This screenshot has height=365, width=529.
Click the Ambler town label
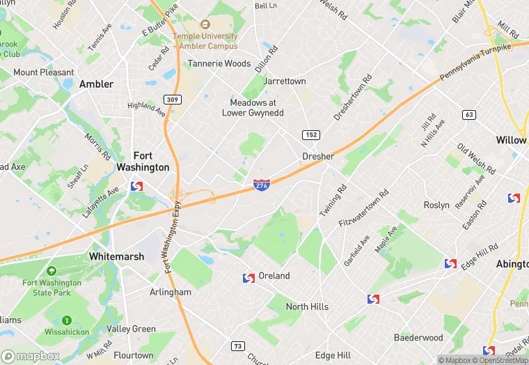coord(96,84)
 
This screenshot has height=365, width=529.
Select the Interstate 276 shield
coord(262,185)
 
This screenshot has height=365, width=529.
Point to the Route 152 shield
coord(310,134)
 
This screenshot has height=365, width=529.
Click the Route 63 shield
coord(469,114)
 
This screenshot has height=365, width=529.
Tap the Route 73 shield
coord(238,346)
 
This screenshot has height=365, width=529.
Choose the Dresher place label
coord(318,156)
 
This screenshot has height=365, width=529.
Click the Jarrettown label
coord(285,81)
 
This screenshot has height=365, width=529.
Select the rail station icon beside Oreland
coord(248,278)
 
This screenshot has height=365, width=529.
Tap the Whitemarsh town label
coord(117,256)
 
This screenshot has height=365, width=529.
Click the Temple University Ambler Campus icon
coord(205,24)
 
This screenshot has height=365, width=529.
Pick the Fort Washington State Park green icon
coord(51,270)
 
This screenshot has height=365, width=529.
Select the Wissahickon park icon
coord(67,320)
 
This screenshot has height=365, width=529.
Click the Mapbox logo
coord(31,356)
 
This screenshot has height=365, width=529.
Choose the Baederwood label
coord(418,338)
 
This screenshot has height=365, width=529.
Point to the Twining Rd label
coord(333,199)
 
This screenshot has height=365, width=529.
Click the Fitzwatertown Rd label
coord(363,208)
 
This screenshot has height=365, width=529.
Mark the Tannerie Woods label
coord(219,63)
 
